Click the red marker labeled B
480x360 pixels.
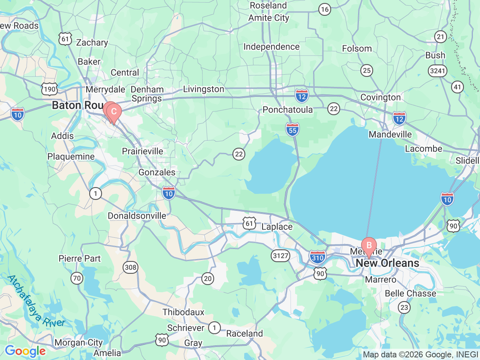(369, 246)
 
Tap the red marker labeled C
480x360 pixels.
(114, 112)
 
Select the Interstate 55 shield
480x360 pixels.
(292, 129)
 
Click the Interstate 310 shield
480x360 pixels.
(318, 257)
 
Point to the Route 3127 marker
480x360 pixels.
(280, 256)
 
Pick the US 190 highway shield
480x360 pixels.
(49, 89)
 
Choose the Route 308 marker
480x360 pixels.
(130, 267)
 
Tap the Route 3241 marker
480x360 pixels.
(438, 70)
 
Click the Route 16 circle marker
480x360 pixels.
(325, 10)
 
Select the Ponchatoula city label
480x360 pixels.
(288, 109)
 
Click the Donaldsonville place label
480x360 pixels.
(137, 216)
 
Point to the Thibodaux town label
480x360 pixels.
(183, 312)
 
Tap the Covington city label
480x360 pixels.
(381, 97)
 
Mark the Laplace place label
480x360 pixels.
(277, 227)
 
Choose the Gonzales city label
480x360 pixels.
(157, 172)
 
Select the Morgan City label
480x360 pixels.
(78, 342)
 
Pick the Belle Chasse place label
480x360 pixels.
(411, 293)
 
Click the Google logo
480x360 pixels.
(25, 351)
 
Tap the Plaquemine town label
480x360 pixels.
(71, 156)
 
